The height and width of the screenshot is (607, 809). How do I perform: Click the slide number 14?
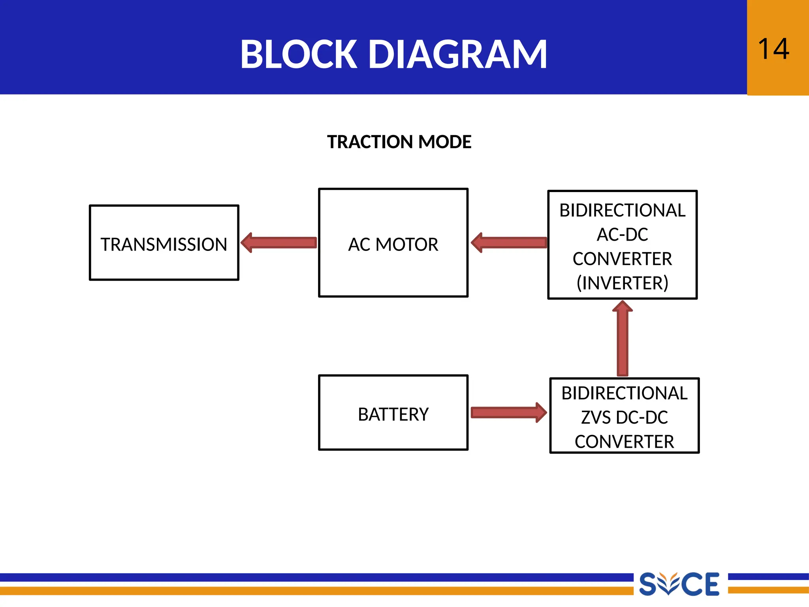pyautogui.click(x=773, y=49)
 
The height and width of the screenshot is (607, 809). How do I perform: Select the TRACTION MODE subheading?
pyautogui.click(x=399, y=142)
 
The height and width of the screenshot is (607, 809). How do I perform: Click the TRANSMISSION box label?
pyautogui.click(x=164, y=244)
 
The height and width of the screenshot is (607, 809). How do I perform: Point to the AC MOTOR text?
pyautogui.click(x=393, y=244)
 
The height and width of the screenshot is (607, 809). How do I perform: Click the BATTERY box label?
pyautogui.click(x=393, y=414)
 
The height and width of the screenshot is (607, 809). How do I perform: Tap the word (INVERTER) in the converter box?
pyautogui.click(x=622, y=283)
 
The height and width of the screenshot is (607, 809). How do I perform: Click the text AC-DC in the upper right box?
pyautogui.click(x=622, y=234)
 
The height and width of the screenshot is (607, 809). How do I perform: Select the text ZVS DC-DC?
pyautogui.click(x=624, y=417)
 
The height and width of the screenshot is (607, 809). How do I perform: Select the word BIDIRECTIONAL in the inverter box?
pyautogui.click(x=622, y=210)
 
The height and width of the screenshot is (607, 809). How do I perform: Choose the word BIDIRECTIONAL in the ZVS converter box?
pyautogui.click(x=624, y=393)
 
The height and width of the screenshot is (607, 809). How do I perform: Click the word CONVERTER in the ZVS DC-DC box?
pyautogui.click(x=624, y=441)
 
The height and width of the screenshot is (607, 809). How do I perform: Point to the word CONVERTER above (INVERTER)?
pyautogui.click(x=622, y=259)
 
